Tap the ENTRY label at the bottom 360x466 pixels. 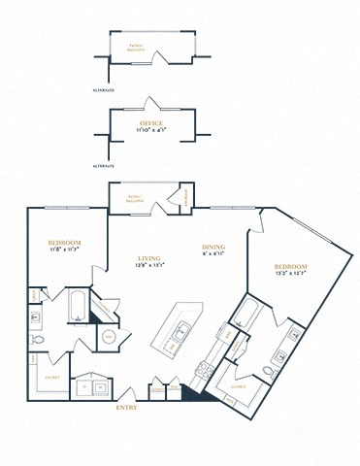tap(127, 408)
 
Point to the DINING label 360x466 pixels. tap(213, 248)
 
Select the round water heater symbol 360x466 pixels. tap(109, 336)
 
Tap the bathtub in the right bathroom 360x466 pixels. tap(245, 314)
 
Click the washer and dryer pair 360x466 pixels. tap(93, 385)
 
